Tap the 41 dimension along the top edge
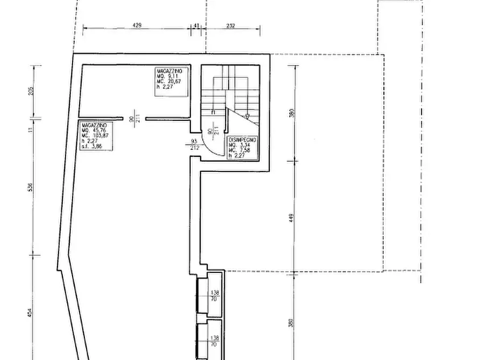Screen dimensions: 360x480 coord(196,25)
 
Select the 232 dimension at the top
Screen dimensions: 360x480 coord(231,25)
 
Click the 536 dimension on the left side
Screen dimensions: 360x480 coord(31,187)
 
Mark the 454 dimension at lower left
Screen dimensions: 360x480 coord(31,313)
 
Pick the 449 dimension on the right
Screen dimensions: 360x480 coord(291,217)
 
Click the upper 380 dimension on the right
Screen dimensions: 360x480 coord(291,113)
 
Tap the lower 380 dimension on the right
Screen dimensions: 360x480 coord(291,323)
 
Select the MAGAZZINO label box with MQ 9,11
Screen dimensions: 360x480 coord(172,82)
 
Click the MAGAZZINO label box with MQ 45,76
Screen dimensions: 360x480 coord(96,136)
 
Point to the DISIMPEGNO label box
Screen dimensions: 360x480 coord(243,148)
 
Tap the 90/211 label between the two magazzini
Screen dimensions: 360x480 coord(134,118)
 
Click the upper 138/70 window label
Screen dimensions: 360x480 coord(214,295)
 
